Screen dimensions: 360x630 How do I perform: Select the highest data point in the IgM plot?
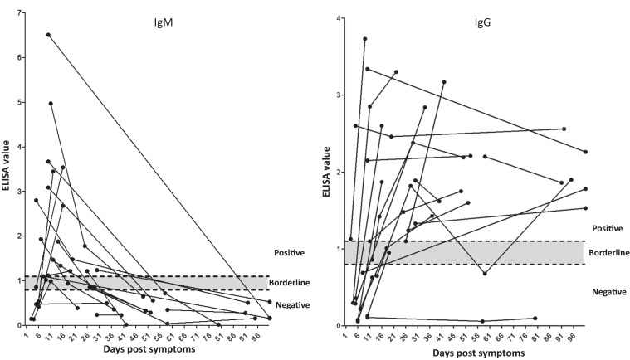[x=48, y=35]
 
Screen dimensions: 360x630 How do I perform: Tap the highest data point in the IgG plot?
[x=365, y=39]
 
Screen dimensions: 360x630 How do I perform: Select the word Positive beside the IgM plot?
[x=290, y=252]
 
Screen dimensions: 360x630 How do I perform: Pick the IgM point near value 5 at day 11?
[x=51, y=104]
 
